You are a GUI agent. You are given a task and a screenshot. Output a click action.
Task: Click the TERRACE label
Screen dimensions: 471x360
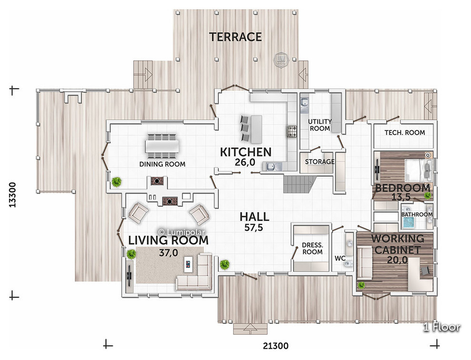(x=235, y=37)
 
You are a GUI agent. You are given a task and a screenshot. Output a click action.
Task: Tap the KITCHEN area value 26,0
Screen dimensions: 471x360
(x=245, y=162)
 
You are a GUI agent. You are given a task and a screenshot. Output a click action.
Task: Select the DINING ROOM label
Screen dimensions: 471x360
(x=162, y=164)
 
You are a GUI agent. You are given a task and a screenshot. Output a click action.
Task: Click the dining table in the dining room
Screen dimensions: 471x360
(x=162, y=146)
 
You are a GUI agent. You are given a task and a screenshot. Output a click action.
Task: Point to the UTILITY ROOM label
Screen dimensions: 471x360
(x=320, y=125)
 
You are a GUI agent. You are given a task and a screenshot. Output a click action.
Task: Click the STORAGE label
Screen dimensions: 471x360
(x=320, y=161)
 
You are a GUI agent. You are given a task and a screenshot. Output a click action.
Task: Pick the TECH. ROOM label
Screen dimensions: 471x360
(x=404, y=132)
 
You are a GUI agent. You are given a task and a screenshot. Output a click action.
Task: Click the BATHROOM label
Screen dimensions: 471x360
(x=417, y=214)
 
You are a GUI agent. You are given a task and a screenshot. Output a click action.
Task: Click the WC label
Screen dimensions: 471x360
(x=340, y=259)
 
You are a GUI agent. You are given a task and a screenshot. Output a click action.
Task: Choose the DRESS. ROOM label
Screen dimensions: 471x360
(x=313, y=249)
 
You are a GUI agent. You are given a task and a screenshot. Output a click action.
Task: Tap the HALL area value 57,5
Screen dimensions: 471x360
(x=254, y=228)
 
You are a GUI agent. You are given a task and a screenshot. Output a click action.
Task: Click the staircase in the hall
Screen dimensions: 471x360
(x=300, y=184)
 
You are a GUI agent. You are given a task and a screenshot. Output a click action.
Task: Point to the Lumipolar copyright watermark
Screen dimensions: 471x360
(x=182, y=232)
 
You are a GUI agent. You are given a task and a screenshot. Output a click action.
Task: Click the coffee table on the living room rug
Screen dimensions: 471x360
(x=188, y=264)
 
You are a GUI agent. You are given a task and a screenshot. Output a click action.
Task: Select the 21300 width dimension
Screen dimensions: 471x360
(x=276, y=346)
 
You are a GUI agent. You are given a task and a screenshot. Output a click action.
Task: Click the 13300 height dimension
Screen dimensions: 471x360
(x=12, y=195)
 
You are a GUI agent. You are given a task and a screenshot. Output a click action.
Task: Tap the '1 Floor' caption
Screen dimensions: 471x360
(x=442, y=327)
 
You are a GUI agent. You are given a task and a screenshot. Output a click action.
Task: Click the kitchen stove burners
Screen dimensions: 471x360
(x=291, y=131)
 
